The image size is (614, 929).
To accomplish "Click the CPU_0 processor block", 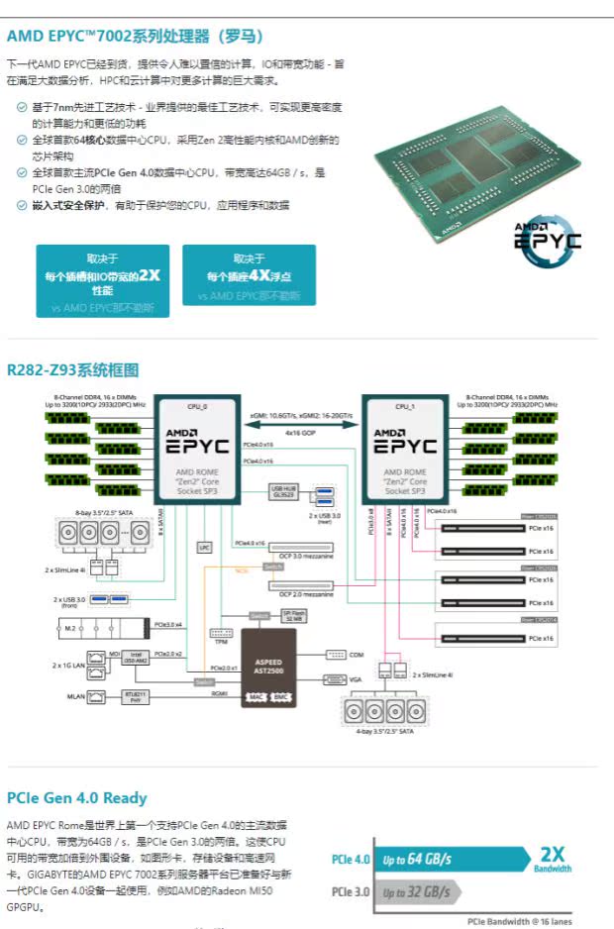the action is pyautogui.click(x=198, y=452).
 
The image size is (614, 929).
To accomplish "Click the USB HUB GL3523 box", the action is pyautogui.click(x=283, y=493).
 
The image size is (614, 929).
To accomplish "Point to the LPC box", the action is pyautogui.click(x=205, y=546).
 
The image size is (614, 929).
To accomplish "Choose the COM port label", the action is pyautogui.click(x=358, y=655).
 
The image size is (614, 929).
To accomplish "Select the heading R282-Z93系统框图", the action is pyautogui.click(x=72, y=370).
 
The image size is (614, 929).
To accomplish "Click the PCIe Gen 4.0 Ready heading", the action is pyautogui.click(x=76, y=798).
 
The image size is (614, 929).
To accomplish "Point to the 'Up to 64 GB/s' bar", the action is pyautogui.click(x=416, y=859).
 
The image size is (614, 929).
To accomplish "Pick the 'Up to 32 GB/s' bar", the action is pyautogui.click(x=416, y=892).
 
